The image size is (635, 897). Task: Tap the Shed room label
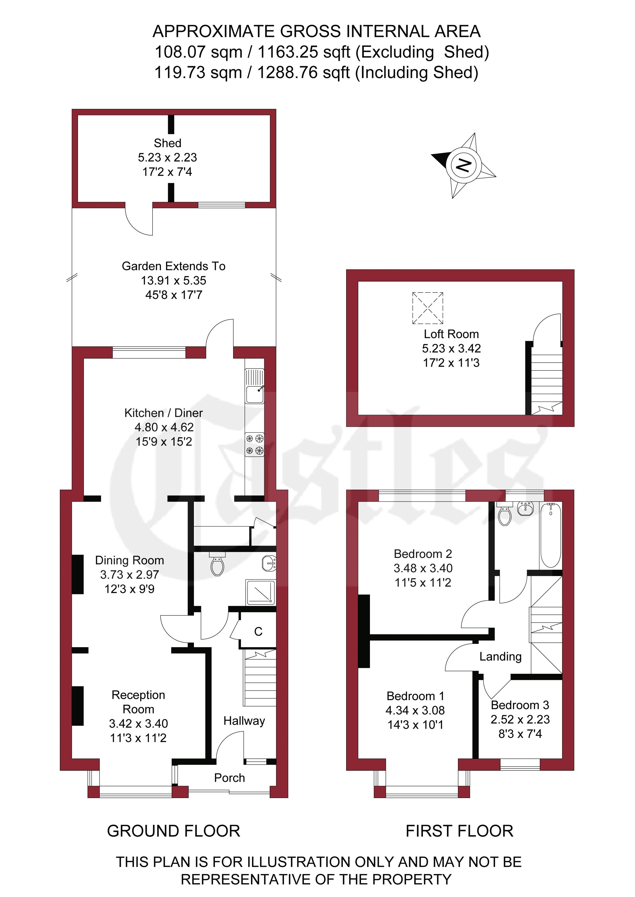click(x=167, y=143)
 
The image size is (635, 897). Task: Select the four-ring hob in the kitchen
click(x=255, y=445)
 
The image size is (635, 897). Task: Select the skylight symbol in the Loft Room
click(x=428, y=308)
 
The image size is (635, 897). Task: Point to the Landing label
click(x=500, y=657)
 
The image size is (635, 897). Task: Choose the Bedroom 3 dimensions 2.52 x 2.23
click(x=520, y=719)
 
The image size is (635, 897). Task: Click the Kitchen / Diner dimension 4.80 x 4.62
click(x=164, y=427)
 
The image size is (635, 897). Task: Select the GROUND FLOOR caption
click(x=174, y=831)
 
